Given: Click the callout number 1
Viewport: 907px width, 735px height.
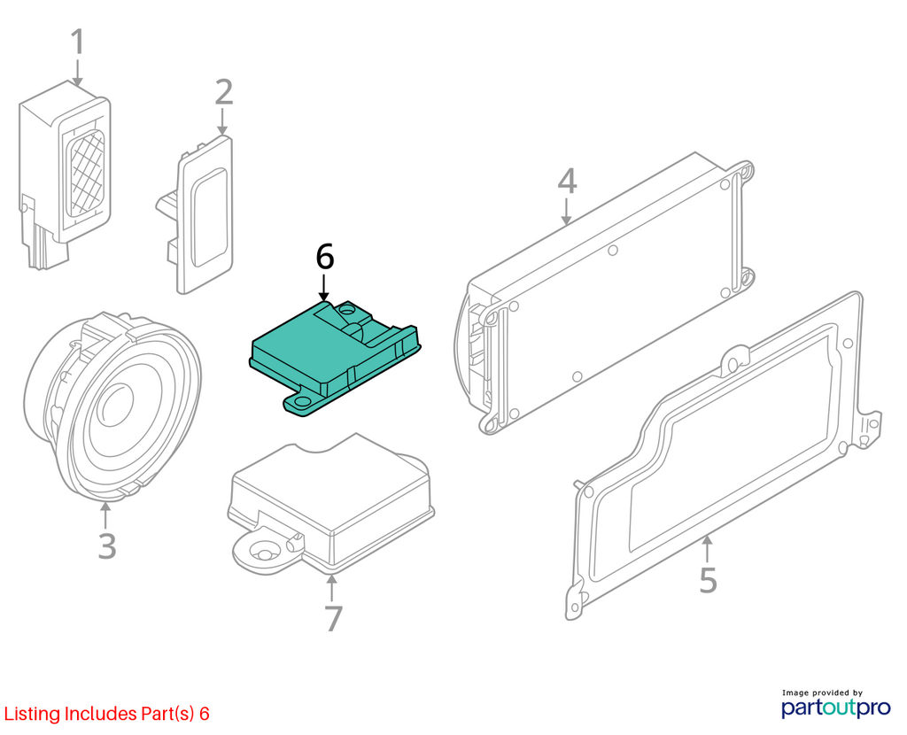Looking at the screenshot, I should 77,42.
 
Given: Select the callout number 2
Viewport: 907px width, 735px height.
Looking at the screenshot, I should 223,91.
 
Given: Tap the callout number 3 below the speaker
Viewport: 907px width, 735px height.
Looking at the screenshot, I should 106,546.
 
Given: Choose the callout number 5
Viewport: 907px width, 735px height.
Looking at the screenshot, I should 707,580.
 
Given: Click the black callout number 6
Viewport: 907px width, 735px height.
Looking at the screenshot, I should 325,257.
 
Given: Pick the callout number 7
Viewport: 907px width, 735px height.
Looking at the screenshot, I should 332,618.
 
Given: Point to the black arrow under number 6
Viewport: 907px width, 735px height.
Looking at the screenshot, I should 325,287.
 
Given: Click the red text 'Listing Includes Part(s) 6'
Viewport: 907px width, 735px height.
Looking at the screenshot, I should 106,714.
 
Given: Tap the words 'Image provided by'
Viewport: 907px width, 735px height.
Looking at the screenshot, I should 822,692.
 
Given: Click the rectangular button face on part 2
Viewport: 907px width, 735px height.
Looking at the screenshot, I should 209,217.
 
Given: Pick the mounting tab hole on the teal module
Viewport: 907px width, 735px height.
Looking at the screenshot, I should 298,404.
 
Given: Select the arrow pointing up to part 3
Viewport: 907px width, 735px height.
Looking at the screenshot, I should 106,514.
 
